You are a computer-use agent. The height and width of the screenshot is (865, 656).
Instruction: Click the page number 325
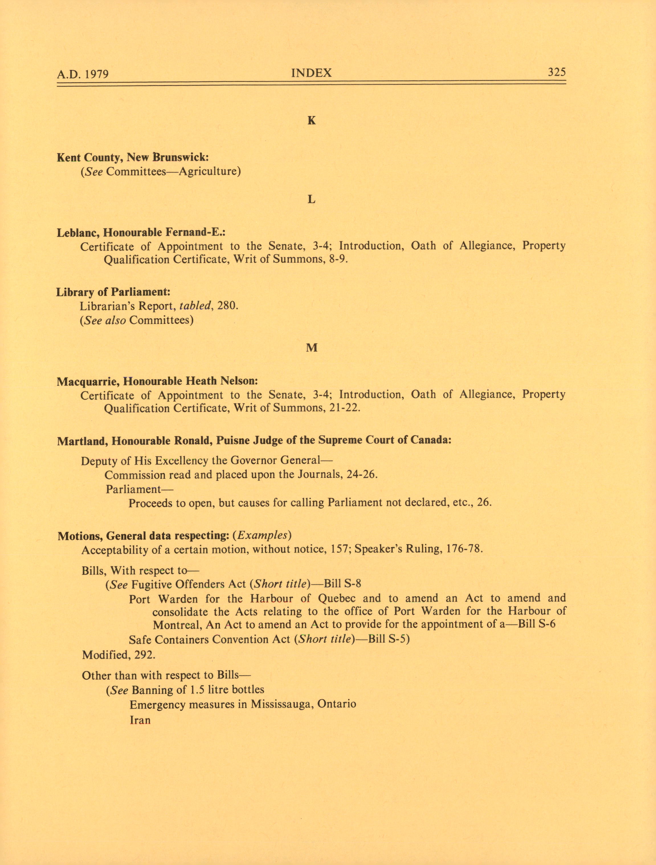click(557, 72)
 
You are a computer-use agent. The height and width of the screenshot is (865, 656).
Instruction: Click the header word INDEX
click(311, 73)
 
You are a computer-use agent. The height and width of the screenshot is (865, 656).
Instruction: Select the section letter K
click(311, 121)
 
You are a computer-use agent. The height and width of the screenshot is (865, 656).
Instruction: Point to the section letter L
click(311, 200)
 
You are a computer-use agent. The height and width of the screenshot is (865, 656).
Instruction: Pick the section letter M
click(311, 348)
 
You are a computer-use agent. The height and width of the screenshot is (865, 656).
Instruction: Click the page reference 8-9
click(338, 260)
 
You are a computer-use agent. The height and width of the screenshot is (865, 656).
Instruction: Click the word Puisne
click(219, 441)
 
